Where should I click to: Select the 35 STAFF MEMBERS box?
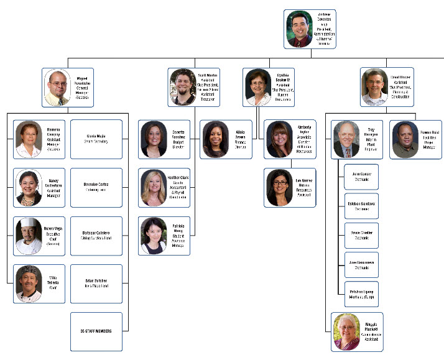click(x=96, y=331)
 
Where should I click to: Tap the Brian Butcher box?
click(x=96, y=284)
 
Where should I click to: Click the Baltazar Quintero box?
click(x=96, y=236)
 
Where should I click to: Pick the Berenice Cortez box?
click(x=96, y=187)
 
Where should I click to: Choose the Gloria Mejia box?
click(x=96, y=139)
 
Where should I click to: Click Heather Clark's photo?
click(x=153, y=188)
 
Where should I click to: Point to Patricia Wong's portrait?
click(x=153, y=236)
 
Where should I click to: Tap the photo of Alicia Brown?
click(x=216, y=139)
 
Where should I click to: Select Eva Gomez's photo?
click(x=279, y=188)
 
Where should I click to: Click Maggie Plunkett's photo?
click(x=346, y=332)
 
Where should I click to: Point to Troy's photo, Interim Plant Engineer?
click(x=346, y=139)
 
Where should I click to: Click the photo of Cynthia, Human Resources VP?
click(x=257, y=88)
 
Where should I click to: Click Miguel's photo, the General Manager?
click(x=57, y=88)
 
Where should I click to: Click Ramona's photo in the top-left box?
click(x=29, y=139)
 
